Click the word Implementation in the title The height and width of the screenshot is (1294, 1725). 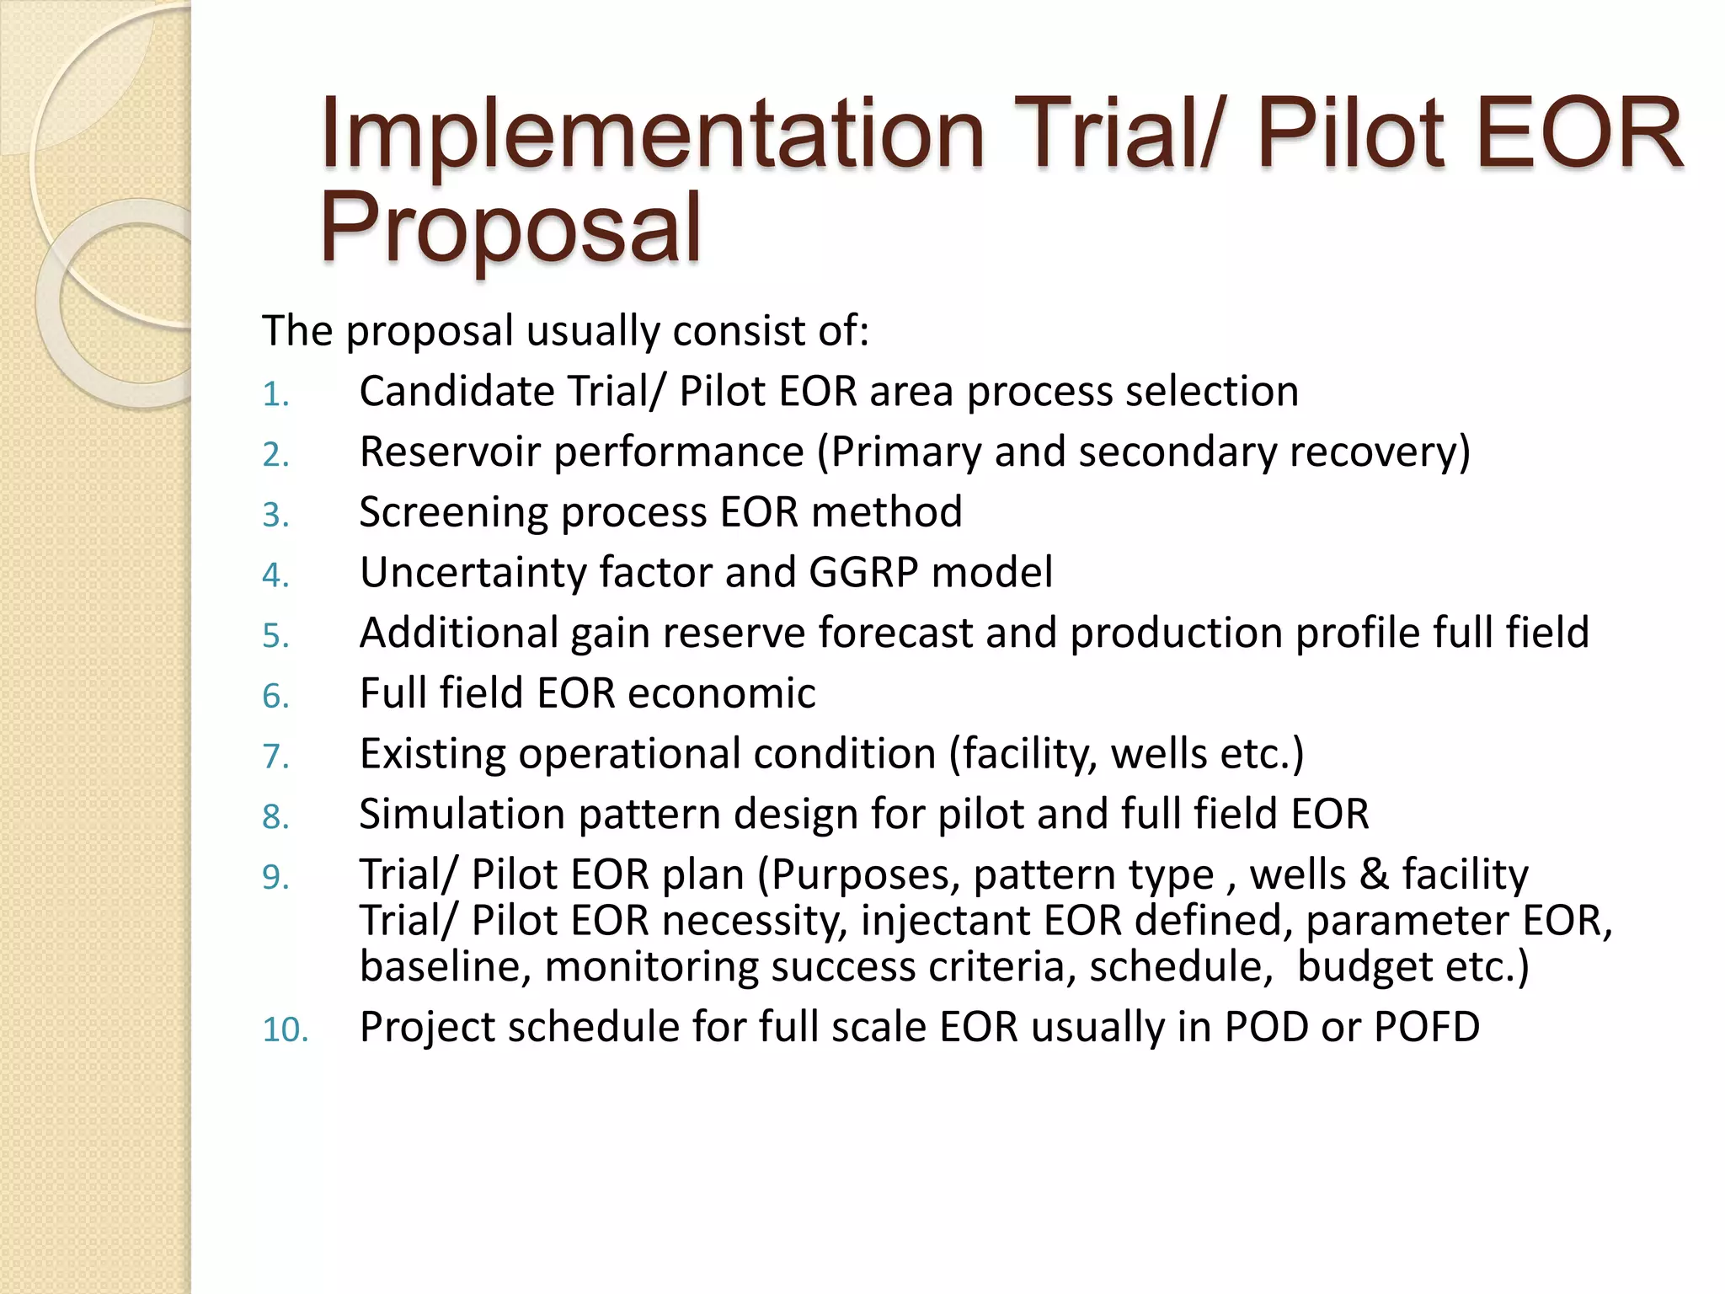coord(652,135)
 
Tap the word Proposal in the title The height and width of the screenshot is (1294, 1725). coord(510,227)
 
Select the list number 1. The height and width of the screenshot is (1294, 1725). coord(275,394)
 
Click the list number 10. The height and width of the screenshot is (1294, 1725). coord(285,1029)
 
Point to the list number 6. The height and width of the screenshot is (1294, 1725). coord(275,696)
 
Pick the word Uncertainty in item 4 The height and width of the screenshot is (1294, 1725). coord(473,573)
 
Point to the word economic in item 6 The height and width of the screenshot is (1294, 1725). coord(721,693)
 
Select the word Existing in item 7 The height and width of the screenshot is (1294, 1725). coord(432,754)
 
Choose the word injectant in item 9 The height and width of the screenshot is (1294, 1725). coord(945,920)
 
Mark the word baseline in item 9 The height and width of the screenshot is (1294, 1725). coord(445,966)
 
